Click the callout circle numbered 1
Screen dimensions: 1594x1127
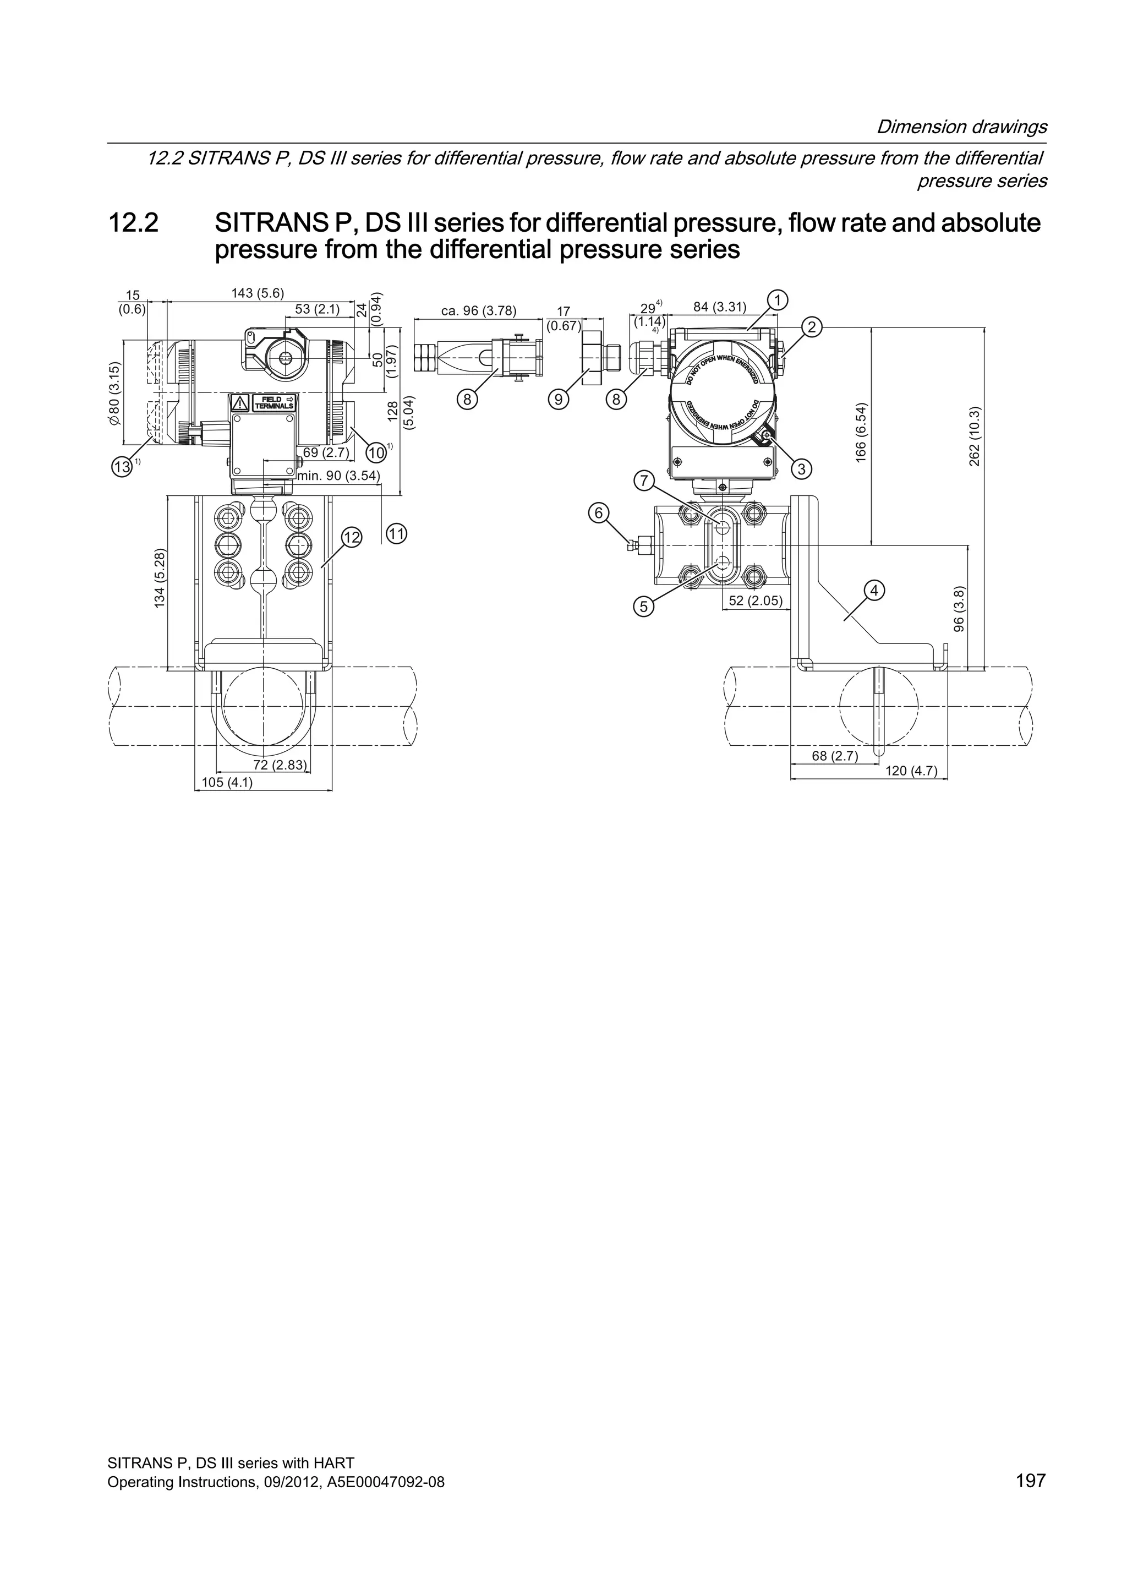(778, 300)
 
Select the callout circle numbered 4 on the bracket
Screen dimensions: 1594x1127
(874, 590)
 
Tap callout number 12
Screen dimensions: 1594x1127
(352, 537)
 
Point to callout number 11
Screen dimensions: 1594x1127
(396, 534)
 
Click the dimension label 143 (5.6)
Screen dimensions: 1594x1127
(258, 293)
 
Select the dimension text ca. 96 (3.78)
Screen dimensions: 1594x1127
(479, 311)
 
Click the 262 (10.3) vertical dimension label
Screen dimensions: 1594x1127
(975, 436)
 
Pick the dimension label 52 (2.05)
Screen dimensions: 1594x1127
(756, 601)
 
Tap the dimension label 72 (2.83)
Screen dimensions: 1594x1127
(278, 765)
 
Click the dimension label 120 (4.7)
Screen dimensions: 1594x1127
(911, 771)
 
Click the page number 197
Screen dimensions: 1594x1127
(1030, 1480)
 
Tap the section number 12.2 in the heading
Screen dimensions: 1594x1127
(133, 223)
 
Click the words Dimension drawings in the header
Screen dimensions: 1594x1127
(962, 127)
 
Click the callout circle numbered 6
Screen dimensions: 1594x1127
(598, 513)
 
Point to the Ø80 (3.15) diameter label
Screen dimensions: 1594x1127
(115, 396)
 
